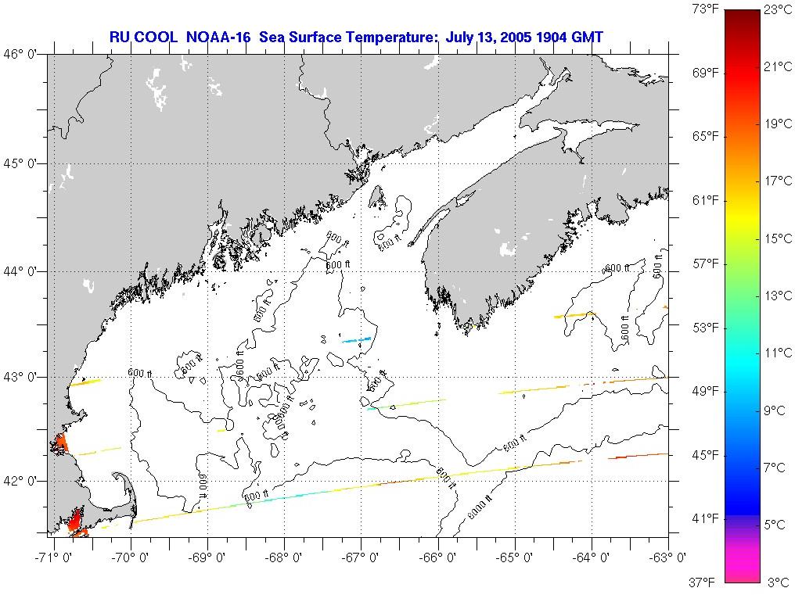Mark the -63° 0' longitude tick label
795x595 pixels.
click(670, 557)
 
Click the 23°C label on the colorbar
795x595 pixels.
click(778, 10)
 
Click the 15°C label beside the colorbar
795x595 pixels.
click(778, 238)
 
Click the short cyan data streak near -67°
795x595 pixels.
click(357, 339)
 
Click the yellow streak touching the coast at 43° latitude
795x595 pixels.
click(85, 383)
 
